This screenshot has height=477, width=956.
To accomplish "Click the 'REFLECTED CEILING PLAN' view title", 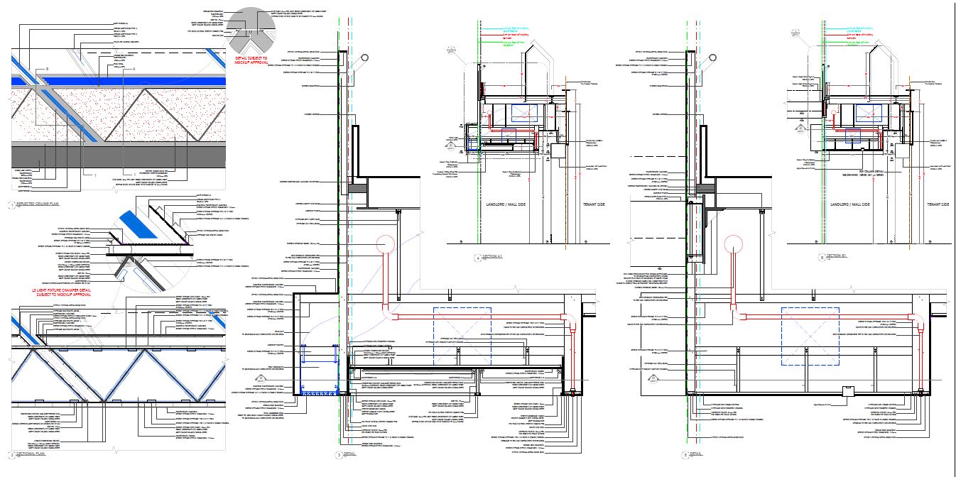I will [x=36, y=207].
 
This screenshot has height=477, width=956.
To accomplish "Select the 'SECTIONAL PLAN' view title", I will [x=29, y=454].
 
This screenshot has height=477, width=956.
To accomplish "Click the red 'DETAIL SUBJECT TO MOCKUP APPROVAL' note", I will [x=252, y=59].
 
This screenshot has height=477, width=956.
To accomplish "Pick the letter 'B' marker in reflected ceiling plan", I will [x=47, y=68].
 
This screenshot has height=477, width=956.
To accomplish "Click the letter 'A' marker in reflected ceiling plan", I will [x=133, y=69].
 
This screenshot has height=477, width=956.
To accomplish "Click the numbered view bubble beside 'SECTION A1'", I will [x=477, y=258].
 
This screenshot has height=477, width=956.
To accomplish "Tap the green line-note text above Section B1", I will [x=855, y=43].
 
